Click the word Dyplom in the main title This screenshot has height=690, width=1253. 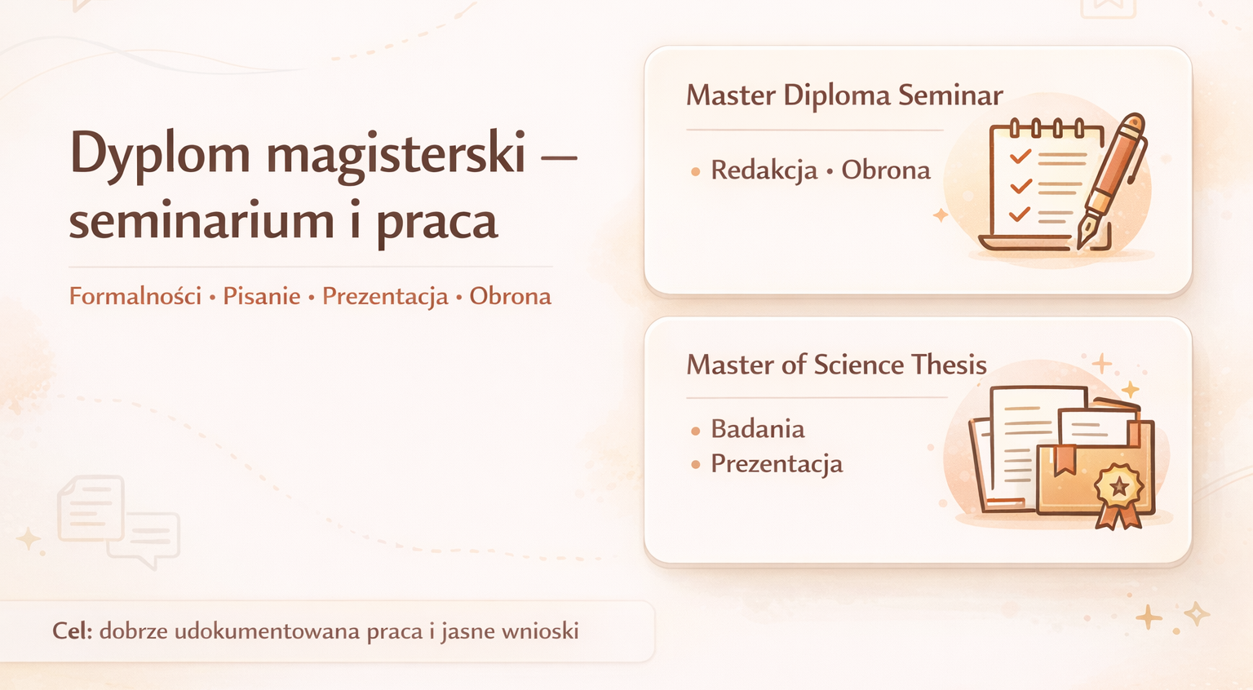pyautogui.click(x=160, y=153)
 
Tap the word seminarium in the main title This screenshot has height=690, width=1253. pyautogui.click(x=201, y=221)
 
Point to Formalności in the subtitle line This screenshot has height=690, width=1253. pyautogui.click(x=135, y=296)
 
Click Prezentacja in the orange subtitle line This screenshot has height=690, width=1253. pyautogui.click(x=385, y=296)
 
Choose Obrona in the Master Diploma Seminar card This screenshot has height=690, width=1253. pyautogui.click(x=886, y=170)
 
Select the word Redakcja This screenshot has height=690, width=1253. pyautogui.click(x=764, y=170)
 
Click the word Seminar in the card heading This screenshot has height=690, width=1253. pyautogui.click(x=950, y=95)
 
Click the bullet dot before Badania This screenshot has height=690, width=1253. pyautogui.click(x=695, y=431)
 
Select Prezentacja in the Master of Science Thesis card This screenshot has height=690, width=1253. pyautogui.click(x=777, y=464)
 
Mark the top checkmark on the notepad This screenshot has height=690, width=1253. pyautogui.click(x=1020, y=156)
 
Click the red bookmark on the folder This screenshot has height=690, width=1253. pyautogui.click(x=1065, y=460)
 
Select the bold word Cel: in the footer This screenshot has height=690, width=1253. pyautogui.click(x=73, y=631)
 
